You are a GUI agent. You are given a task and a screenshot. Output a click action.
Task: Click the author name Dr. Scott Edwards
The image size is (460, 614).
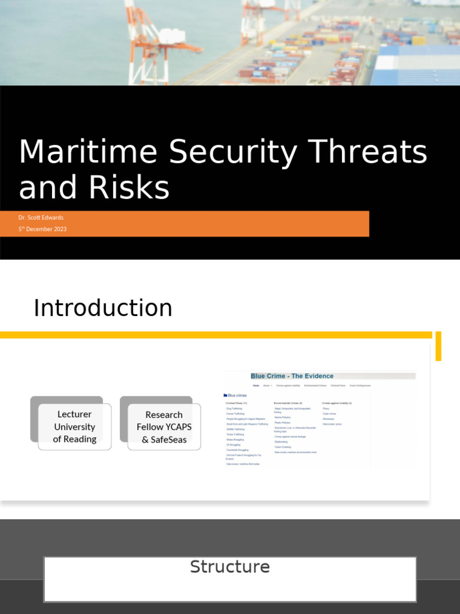[41, 218]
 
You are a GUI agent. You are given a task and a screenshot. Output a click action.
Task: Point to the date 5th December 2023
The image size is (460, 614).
[43, 229]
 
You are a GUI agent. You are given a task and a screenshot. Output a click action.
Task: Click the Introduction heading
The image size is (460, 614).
[103, 308]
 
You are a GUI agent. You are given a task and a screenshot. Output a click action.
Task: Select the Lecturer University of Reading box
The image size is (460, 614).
[74, 427]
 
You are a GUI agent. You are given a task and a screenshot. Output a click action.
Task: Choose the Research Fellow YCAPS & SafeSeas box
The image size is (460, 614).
[164, 427]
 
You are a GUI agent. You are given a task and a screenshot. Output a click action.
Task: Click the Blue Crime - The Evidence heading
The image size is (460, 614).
[292, 376]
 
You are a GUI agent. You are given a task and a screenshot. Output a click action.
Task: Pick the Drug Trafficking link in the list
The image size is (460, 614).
[235, 408]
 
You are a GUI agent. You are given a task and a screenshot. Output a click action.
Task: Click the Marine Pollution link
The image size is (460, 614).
[282, 417]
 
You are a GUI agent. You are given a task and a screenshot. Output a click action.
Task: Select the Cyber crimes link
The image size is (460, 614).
[330, 414]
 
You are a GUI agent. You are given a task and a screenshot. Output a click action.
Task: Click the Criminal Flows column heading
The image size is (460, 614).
[237, 403]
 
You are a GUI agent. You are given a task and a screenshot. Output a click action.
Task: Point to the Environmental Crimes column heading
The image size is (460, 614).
[288, 403]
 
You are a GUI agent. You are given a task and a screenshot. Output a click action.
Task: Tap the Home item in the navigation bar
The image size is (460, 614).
[256, 386]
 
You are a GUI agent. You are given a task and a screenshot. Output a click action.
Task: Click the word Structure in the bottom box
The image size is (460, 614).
[230, 567]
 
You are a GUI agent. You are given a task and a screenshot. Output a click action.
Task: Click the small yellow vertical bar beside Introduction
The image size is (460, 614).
[438, 346]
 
